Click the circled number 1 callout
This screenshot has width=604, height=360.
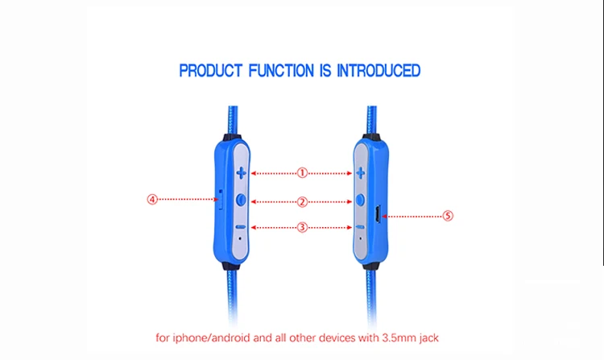pyautogui.click(x=302, y=173)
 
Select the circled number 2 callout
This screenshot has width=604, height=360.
pyautogui.click(x=302, y=202)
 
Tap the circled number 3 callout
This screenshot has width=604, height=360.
pyautogui.click(x=302, y=228)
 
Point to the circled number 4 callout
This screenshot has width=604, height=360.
pyautogui.click(x=152, y=200)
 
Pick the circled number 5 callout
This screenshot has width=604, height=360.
pyautogui.click(x=448, y=216)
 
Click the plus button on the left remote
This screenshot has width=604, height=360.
pyautogui.click(x=241, y=173)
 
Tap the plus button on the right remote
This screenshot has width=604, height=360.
pyautogui.click(x=361, y=173)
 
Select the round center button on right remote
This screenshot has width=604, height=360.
pyautogui.click(x=360, y=200)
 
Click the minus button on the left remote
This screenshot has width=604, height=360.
pyautogui.click(x=240, y=227)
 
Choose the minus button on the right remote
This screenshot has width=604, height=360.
pyautogui.click(x=360, y=227)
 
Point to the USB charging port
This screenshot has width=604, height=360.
pyautogui.click(x=378, y=214)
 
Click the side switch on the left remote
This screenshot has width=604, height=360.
pyautogui.click(x=221, y=199)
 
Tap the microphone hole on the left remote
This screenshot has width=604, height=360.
pyautogui.click(x=240, y=238)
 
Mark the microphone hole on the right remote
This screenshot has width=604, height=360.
pyautogui.click(x=361, y=238)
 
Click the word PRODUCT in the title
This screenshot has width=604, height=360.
pyautogui.click(x=210, y=71)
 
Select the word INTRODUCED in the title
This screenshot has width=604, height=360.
pyautogui.click(x=379, y=71)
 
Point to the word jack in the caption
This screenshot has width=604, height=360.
pyautogui.click(x=428, y=338)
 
